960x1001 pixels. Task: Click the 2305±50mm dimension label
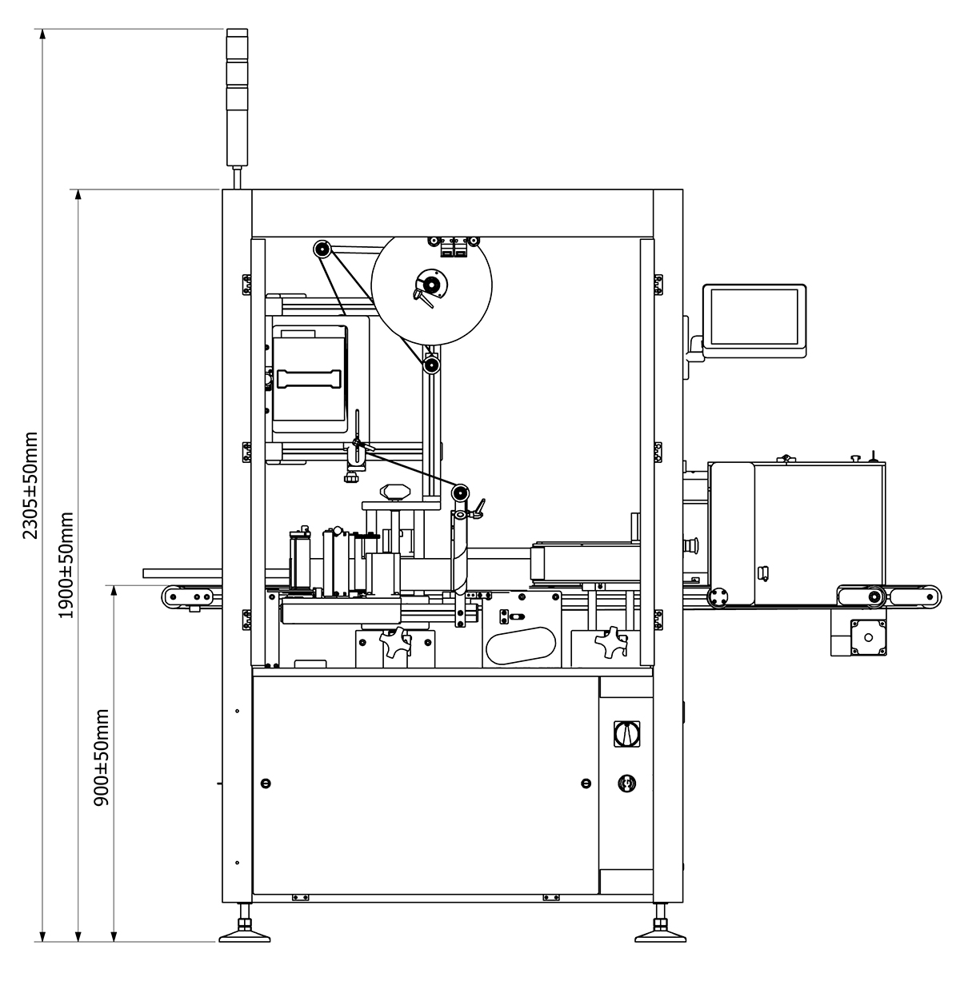coord(30,485)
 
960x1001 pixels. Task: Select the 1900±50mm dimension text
coord(66,564)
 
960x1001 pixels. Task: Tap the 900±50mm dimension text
coord(102,757)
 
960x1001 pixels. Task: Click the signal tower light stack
coord(237,98)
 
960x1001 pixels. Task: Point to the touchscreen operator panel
coord(754,321)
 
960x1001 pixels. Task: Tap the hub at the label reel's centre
coord(431,284)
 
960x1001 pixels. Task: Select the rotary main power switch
coord(626,733)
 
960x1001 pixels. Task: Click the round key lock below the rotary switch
coord(626,783)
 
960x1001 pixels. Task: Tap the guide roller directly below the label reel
coord(431,365)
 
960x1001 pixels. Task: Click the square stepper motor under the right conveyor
coord(868,637)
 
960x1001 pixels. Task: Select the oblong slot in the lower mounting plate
coord(521,645)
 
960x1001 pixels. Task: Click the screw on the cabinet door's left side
coord(266,783)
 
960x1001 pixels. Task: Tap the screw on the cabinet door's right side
coord(586,783)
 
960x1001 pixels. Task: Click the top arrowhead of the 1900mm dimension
coord(78,194)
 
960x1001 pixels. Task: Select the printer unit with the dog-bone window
coord(310,379)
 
